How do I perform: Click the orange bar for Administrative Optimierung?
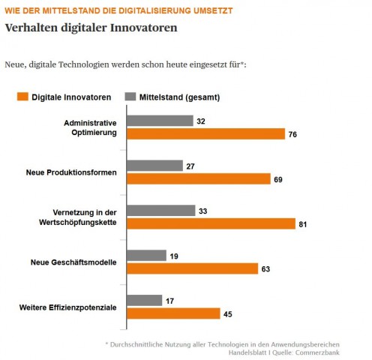[x=205, y=133]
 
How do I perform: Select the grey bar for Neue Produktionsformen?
[x=154, y=165]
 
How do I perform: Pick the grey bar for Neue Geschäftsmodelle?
[x=146, y=255]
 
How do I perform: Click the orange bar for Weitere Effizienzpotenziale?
[x=172, y=313]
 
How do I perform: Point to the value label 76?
[x=294, y=134]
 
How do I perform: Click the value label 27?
[x=192, y=165]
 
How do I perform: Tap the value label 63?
[x=267, y=268]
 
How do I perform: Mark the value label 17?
[x=171, y=300]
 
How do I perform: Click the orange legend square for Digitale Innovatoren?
[x=22, y=97]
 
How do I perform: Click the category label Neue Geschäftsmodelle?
[x=76, y=262]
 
